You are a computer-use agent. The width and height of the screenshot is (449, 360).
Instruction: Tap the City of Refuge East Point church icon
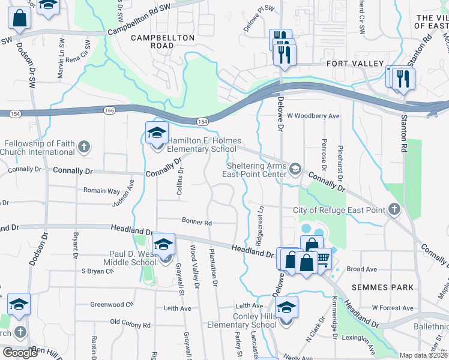[394, 210]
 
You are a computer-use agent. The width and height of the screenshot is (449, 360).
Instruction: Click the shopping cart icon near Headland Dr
[323, 259]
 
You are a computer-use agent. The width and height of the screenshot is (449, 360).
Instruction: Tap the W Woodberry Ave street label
[313, 116]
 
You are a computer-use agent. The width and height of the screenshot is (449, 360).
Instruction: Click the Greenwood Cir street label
[112, 304]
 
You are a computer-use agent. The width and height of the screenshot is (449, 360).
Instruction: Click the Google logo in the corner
[20, 353]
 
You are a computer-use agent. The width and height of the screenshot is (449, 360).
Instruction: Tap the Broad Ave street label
[361, 269]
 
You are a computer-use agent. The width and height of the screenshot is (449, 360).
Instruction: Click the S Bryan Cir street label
[97, 271]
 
